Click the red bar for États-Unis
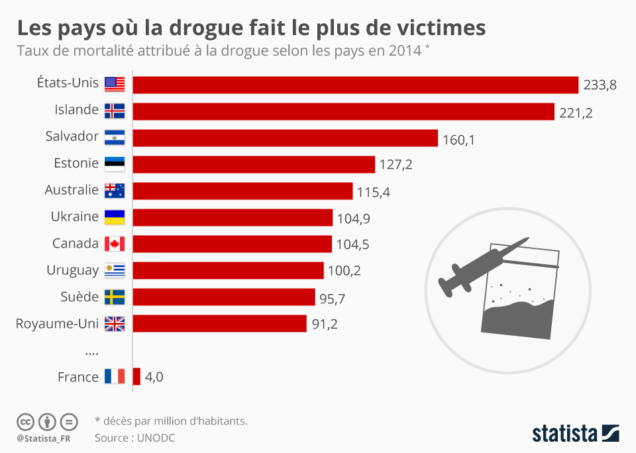pos(356,85)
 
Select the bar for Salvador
pos(286,138)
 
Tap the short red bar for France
pos(136,377)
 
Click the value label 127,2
pos(396,165)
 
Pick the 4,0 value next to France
pos(154,377)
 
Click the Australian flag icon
pos(115,191)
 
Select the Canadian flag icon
pos(115,244)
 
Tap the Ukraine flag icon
pos(115,217)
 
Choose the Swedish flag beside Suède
pos(115,297)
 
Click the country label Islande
pos(76,110)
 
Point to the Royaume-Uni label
pos(57,324)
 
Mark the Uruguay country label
pos(72,270)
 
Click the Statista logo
pos(575,434)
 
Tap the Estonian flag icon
pos(115,164)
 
